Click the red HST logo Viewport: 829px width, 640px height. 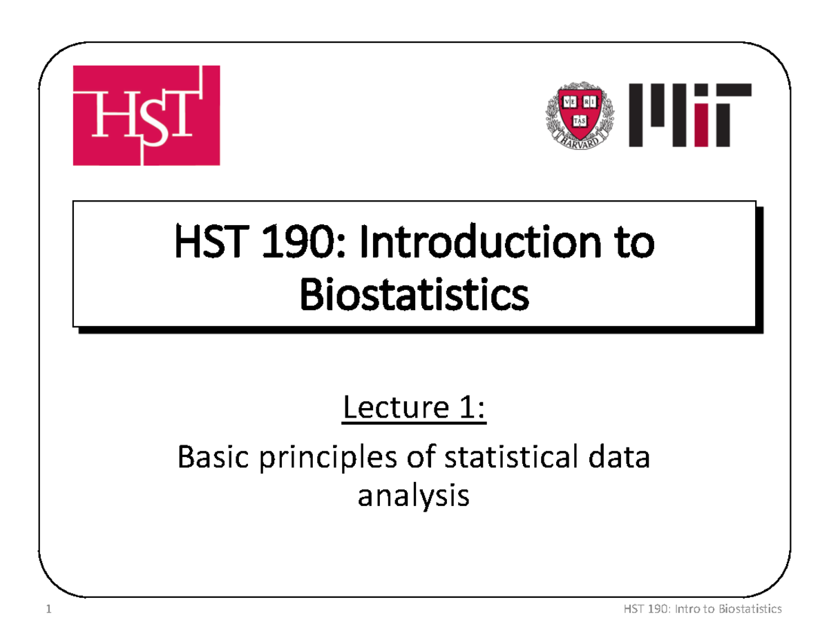click(146, 115)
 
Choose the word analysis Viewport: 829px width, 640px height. click(413, 496)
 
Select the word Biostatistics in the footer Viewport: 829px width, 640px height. click(750, 609)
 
